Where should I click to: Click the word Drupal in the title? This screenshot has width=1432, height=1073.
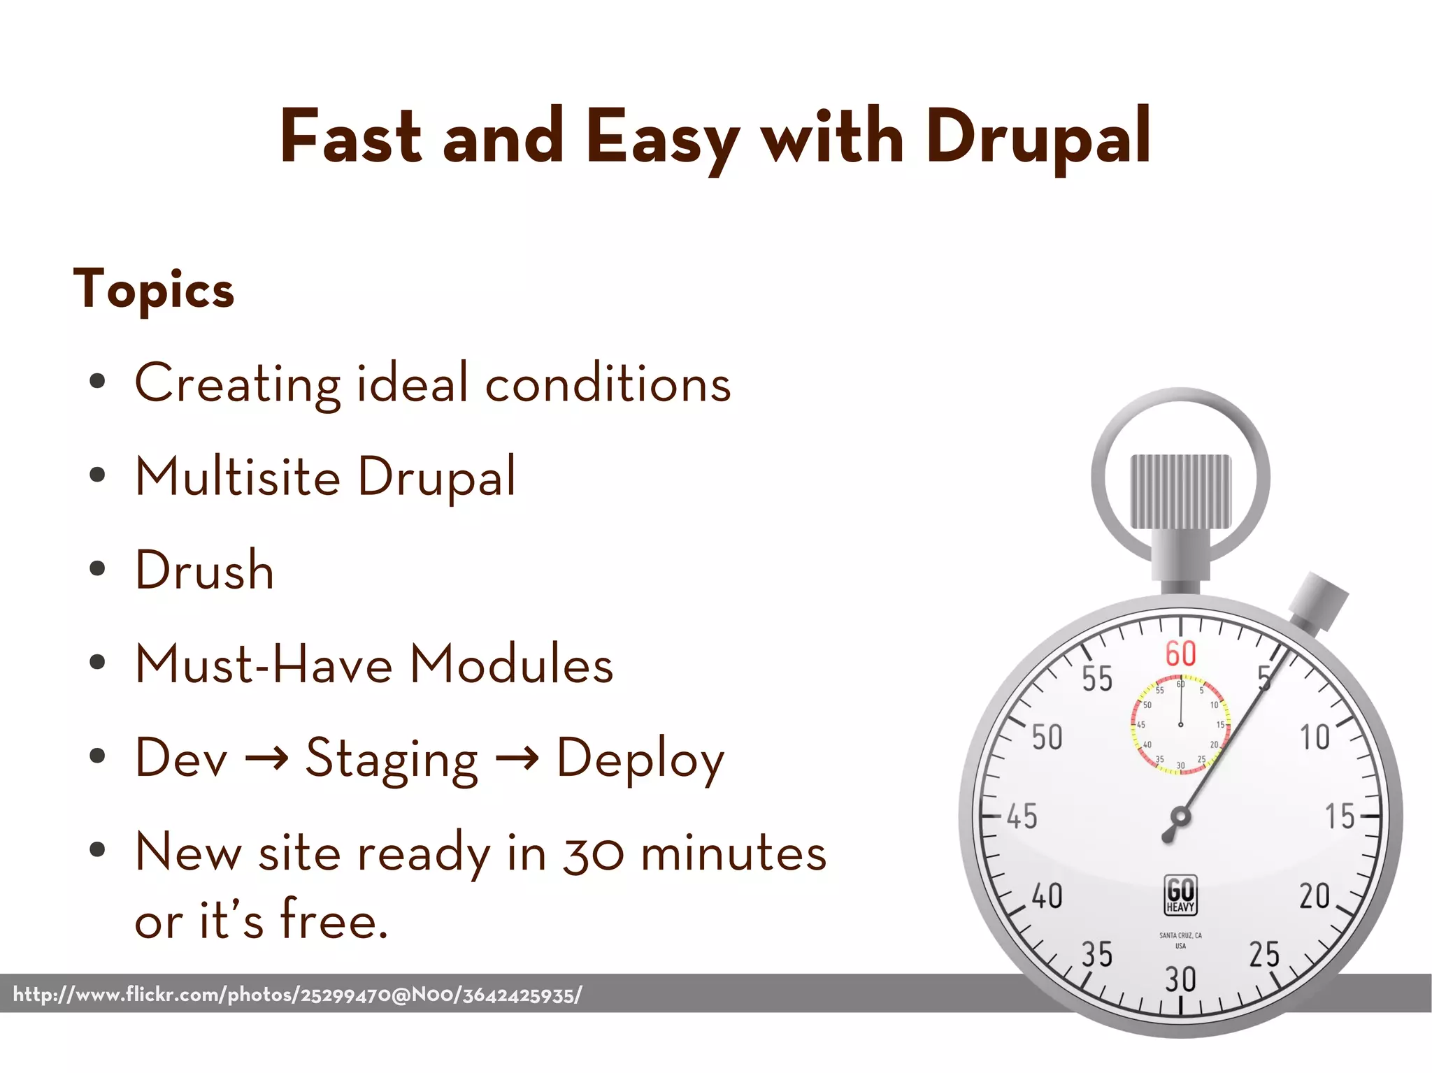(1038, 137)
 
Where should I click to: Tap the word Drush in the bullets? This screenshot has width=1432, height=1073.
(204, 570)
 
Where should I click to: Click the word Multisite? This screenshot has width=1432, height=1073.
(238, 477)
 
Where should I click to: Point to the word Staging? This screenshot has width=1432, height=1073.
(392, 759)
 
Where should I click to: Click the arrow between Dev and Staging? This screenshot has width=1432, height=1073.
(266, 758)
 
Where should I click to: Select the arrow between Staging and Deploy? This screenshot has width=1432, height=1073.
(517, 758)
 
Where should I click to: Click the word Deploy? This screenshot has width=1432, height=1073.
(640, 759)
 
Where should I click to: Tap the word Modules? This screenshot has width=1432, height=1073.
(511, 664)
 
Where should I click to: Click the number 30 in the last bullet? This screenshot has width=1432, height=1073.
(594, 854)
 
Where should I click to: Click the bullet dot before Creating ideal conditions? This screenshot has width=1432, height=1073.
(97, 382)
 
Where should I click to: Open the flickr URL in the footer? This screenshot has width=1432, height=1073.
(297, 994)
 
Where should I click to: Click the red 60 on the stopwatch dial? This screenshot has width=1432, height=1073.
(1180, 654)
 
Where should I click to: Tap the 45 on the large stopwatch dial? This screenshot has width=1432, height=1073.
(1022, 816)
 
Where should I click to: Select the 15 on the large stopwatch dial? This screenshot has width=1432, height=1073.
(1340, 816)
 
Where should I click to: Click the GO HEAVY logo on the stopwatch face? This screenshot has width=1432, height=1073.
(1180, 895)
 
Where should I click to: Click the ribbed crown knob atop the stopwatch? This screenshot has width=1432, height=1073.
(1180, 491)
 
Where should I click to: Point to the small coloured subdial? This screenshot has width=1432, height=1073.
(1180, 724)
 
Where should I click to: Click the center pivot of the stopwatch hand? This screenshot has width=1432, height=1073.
(1180, 816)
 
